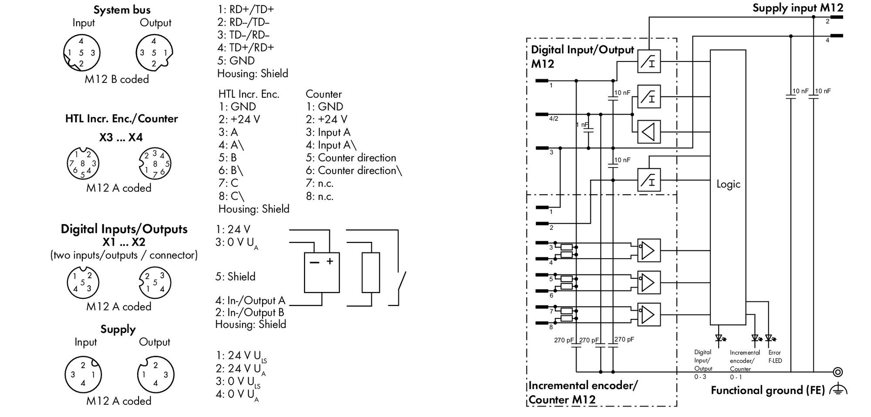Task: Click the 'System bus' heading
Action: click(122, 10)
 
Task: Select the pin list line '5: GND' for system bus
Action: click(236, 60)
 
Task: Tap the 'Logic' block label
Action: click(728, 184)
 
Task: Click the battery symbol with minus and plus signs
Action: click(322, 273)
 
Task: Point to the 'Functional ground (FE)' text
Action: click(768, 390)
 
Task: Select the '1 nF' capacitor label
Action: click(582, 125)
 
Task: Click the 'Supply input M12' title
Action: click(798, 8)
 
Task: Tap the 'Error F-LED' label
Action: click(775, 356)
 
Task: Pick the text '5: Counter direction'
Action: click(351, 157)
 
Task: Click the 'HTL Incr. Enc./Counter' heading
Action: click(122, 119)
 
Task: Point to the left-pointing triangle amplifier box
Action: click(649, 132)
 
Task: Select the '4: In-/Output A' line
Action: click(250, 301)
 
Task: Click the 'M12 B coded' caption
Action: click(117, 79)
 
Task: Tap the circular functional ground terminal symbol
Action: click(837, 372)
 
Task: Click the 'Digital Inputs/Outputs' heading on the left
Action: click(124, 229)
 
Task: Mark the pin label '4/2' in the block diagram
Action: click(554, 119)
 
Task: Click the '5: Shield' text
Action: click(235, 277)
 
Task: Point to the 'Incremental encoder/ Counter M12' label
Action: click(583, 393)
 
